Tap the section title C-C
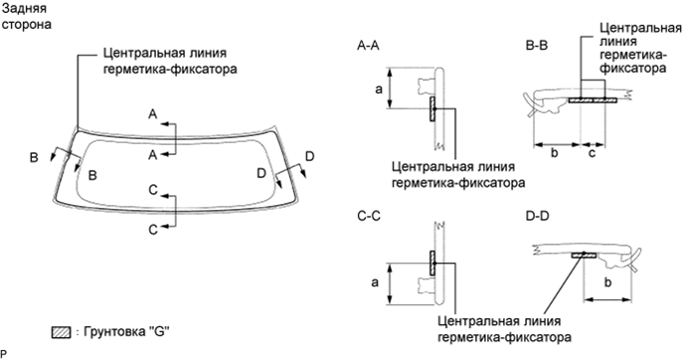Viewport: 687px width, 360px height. [x=368, y=215]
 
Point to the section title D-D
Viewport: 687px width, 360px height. [x=538, y=215]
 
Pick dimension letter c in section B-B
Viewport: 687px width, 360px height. [x=594, y=154]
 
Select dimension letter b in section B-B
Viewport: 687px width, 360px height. [x=554, y=154]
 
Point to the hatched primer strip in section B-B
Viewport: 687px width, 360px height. [x=594, y=99]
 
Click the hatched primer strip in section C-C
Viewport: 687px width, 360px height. [x=431, y=263]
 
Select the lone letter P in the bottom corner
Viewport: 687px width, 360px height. [x=4, y=353]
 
